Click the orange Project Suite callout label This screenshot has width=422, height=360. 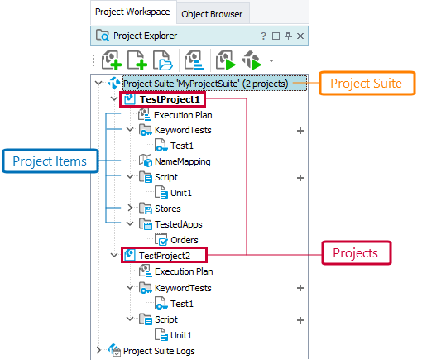click(366, 84)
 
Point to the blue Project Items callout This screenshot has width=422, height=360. click(50, 161)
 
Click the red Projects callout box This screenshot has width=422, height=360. click(355, 252)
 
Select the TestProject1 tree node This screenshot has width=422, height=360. click(170, 99)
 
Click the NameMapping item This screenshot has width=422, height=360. click(182, 161)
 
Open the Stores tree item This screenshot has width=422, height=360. click(167, 209)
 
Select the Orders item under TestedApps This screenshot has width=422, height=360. click(184, 240)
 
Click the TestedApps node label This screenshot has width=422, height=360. click(178, 224)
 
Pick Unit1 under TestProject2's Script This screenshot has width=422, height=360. click(181, 334)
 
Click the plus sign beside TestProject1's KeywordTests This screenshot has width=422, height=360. click(300, 131)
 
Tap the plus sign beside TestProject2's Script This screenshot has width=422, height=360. click(300, 319)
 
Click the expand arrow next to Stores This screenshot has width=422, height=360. click(129, 209)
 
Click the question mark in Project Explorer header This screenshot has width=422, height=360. click(263, 36)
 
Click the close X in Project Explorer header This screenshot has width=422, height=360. click(300, 36)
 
